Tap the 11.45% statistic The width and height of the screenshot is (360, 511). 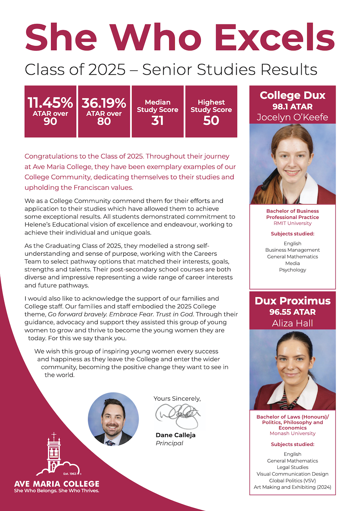point(50,103)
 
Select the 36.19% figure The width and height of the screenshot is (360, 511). point(104,103)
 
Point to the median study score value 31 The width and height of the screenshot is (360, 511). point(158,120)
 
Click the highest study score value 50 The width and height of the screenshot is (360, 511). point(211,120)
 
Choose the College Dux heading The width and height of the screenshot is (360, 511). point(292,96)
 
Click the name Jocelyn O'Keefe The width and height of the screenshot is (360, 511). point(292,117)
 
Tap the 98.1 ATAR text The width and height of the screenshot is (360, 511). point(292,107)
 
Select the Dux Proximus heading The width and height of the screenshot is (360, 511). point(292,301)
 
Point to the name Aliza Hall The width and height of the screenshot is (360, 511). point(292,323)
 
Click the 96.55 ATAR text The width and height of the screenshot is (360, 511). point(292,312)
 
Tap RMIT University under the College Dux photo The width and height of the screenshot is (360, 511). point(292,223)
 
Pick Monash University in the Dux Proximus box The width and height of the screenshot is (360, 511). point(292,433)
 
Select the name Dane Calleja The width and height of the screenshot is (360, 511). point(176,435)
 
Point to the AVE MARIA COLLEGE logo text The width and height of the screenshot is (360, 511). point(56,484)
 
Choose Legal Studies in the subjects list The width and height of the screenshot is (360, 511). point(292,467)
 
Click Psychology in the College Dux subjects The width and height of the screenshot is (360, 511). point(292,270)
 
